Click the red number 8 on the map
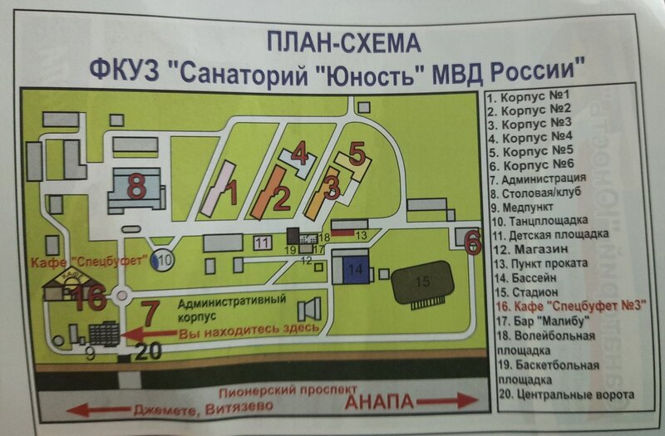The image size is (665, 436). coord(136,185)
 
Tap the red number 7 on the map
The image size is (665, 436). coord(150,314)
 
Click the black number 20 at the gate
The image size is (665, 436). coord(147,351)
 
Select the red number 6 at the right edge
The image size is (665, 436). coord(472,242)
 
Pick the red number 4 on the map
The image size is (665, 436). coord(300,154)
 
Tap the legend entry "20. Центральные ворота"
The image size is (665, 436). coord(563,394)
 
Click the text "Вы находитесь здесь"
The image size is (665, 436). coord(249,332)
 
